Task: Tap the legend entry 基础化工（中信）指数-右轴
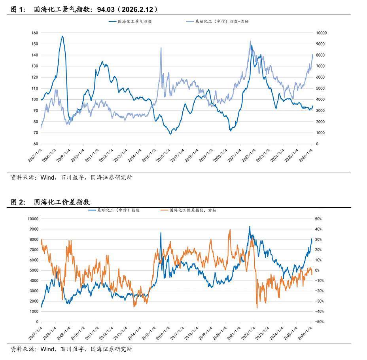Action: click(x=222, y=21)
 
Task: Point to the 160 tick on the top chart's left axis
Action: click(x=34, y=33)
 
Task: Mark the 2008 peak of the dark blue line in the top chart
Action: click(x=62, y=36)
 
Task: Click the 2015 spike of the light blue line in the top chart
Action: click(x=161, y=48)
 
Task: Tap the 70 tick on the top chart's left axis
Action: click(x=35, y=133)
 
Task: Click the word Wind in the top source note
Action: click(x=47, y=178)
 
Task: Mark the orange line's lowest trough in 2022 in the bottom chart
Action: click(x=257, y=308)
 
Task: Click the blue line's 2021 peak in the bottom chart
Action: click(x=250, y=227)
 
